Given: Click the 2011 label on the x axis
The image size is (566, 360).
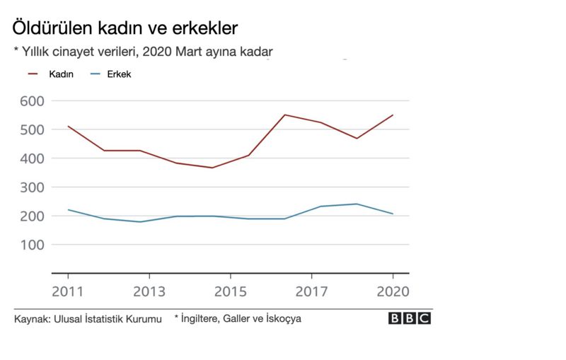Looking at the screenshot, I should (x=68, y=291).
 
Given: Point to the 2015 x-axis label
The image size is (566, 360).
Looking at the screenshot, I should (x=231, y=291).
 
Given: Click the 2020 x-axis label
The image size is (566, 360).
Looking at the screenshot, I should (x=393, y=291).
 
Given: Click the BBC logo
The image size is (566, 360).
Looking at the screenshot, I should (x=410, y=319).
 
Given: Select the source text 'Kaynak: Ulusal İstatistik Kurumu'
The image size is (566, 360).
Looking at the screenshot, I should (x=83, y=320).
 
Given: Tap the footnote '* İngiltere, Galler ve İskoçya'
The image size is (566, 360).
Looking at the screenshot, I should (x=238, y=319).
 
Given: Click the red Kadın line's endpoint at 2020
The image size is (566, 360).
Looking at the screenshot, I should (x=393, y=115).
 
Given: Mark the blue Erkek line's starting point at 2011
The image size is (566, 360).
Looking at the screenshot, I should (x=68, y=209).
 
